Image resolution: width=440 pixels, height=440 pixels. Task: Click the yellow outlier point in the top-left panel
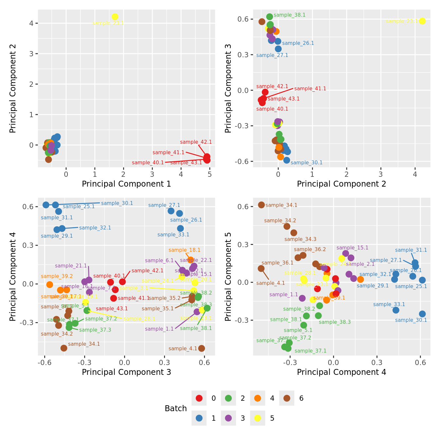pyautogui.click(x=115, y=17)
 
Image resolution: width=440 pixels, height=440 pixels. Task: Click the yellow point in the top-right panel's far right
pyautogui.click(x=422, y=21)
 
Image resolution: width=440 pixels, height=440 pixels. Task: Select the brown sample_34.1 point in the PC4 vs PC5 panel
pyautogui.click(x=261, y=205)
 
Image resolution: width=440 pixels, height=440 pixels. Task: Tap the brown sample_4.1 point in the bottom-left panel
pyautogui.click(x=202, y=348)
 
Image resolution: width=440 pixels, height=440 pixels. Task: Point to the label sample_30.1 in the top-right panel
pyautogui.click(x=306, y=163)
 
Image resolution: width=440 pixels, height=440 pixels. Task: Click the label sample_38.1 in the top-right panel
pyautogui.click(x=289, y=15)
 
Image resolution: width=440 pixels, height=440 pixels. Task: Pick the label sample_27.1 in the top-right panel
pyautogui.click(x=272, y=55)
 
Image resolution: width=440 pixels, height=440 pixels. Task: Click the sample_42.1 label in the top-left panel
pyautogui.click(x=196, y=142)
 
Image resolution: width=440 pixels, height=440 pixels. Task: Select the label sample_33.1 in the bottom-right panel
pyautogui.click(x=389, y=304)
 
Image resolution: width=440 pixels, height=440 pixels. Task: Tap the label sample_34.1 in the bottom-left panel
pyautogui.click(x=84, y=344)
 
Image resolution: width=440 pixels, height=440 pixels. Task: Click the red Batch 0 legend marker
pyautogui.click(x=199, y=398)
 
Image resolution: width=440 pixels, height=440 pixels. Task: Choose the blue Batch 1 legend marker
pyautogui.click(x=199, y=418)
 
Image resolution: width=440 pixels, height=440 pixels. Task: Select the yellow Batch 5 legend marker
pyautogui.click(x=258, y=418)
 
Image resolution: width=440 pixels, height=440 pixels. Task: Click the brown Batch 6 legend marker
pyautogui.click(x=287, y=398)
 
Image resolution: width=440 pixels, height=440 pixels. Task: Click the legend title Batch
pyautogui.click(x=176, y=409)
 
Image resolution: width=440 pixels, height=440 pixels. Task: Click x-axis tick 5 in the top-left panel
pyautogui.click(x=210, y=174)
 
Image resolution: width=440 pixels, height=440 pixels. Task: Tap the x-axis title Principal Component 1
pyautogui.click(x=126, y=184)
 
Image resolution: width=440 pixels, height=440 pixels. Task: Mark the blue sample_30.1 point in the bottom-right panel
pyautogui.click(x=422, y=314)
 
